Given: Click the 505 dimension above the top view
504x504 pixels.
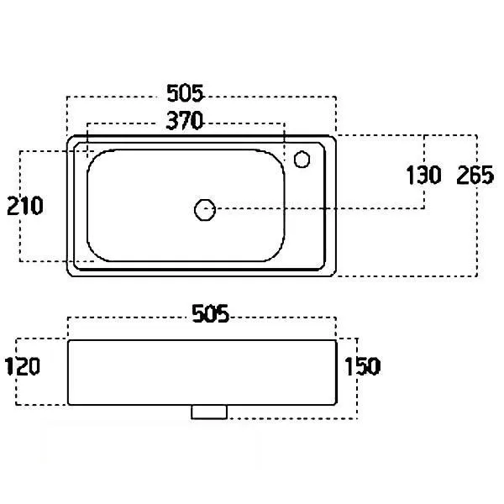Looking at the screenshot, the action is point(185,93).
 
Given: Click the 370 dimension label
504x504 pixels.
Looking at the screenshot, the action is point(185,120).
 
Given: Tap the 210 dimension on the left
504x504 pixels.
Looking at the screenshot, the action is point(25,206).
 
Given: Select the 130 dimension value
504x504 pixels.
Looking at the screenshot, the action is point(423,176).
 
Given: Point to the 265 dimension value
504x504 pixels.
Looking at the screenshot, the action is point(475,176).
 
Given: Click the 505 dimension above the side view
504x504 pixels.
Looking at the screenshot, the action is point(211,313).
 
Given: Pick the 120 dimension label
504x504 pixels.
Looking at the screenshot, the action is point(22,366).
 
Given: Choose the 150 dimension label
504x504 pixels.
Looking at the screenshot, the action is point(363,366).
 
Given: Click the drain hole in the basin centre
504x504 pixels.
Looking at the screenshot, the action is point(205,210).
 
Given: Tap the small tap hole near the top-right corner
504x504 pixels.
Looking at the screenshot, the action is point(302,159).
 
